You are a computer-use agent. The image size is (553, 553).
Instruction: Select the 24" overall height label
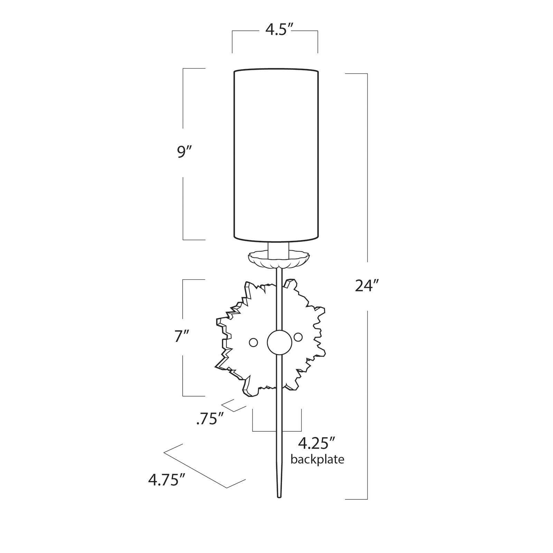tap(367, 286)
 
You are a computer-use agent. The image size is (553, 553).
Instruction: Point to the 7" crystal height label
tap(182, 336)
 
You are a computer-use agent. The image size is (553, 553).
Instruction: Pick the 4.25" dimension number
tap(317, 443)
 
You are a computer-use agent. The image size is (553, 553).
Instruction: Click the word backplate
tap(317, 460)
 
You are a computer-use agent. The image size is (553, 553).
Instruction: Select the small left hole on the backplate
tap(253, 342)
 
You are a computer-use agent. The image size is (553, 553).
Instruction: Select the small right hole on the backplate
tap(298, 337)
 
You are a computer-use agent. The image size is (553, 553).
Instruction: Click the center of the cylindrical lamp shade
tap(276, 154)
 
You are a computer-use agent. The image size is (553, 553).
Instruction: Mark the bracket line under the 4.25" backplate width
tap(277, 431)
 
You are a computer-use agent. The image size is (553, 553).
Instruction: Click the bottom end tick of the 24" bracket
tap(356, 499)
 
